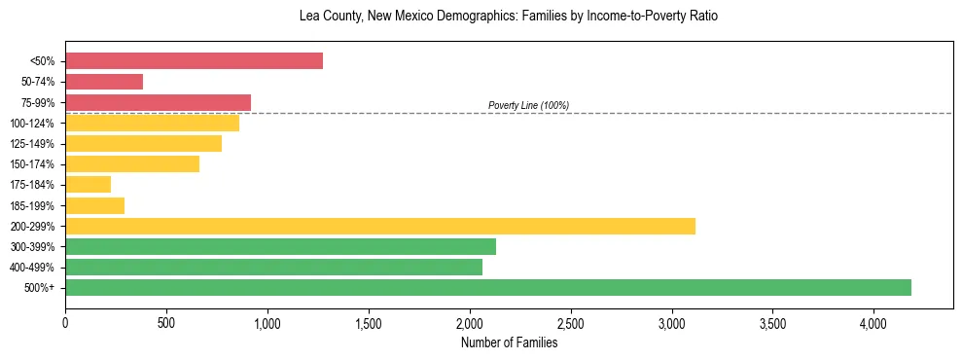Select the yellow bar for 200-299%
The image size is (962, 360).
point(380,226)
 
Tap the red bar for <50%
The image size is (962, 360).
point(194,60)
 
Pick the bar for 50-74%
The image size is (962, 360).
point(104,82)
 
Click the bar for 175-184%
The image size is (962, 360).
point(88,184)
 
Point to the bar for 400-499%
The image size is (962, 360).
point(273,267)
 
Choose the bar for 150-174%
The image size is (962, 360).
point(132,163)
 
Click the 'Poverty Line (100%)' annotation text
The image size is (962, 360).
point(528,105)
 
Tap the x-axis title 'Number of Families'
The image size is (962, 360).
point(509,342)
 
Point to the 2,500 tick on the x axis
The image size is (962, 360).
point(570,322)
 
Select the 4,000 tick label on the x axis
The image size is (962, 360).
point(873,322)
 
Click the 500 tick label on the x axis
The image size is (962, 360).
point(166,322)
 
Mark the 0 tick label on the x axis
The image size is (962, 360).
point(65,322)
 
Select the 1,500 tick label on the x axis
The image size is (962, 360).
point(369,322)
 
